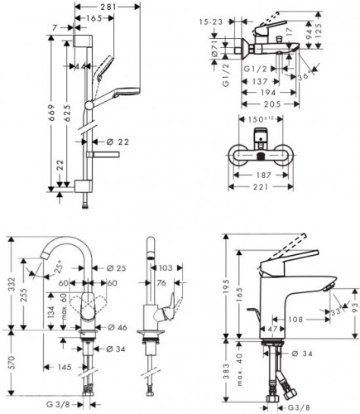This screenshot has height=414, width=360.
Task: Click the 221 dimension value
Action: pos(262,187)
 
